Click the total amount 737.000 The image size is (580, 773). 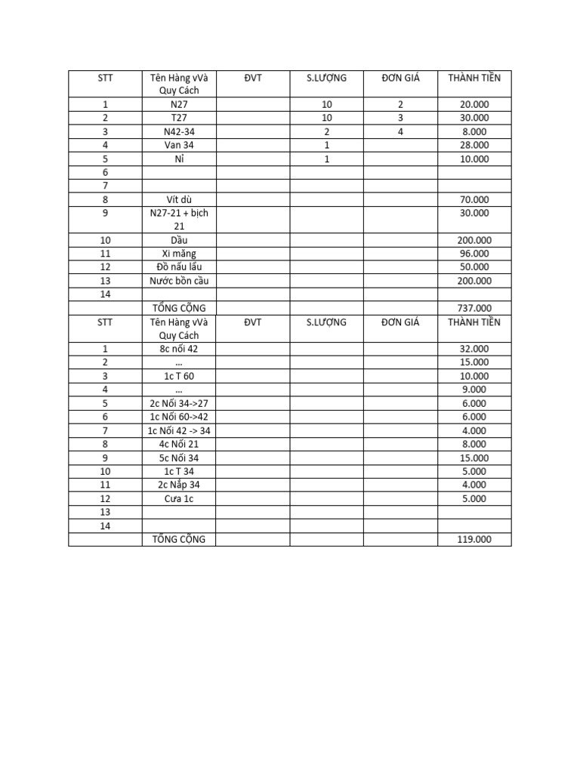coord(475,308)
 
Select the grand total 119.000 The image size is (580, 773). coord(475,540)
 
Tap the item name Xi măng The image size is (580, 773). coord(179,254)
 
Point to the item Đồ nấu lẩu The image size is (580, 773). coord(179,267)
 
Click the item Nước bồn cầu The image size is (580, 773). coord(179,281)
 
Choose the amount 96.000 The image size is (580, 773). coord(475,254)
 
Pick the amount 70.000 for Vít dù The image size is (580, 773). coord(475,199)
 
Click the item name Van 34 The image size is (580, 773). coord(179,145)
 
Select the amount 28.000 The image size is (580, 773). coord(475,145)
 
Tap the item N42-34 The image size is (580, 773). coord(179,131)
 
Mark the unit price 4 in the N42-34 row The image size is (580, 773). coord(401,131)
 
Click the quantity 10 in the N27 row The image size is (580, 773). coord(327,104)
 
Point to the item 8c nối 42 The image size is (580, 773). coord(179,349)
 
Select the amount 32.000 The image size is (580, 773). coord(475,349)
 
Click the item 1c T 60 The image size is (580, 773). coord(179,376)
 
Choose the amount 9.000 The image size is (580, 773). coord(475,390)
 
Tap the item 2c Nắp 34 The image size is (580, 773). coord(179,485)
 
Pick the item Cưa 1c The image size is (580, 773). coord(179,498)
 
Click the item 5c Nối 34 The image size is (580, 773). coord(179,457)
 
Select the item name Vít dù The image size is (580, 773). coord(179,199)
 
